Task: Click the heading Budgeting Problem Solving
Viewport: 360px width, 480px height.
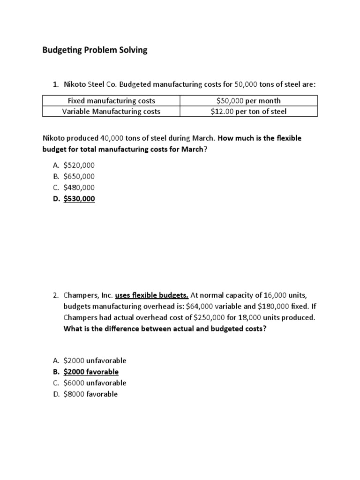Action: (95, 50)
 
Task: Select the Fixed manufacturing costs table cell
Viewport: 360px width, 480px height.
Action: (112, 101)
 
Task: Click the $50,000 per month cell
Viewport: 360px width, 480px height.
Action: (248, 101)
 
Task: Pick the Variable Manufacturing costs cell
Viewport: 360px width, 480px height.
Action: (112, 111)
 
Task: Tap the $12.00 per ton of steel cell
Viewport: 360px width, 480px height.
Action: (248, 111)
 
